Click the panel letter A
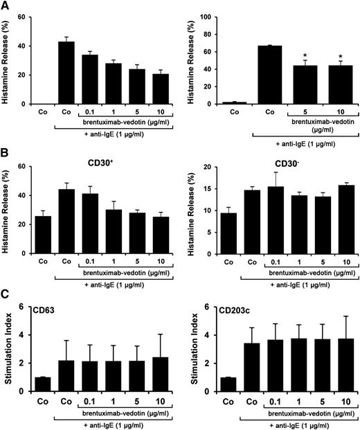pyautogui.click(x=6, y=6)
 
